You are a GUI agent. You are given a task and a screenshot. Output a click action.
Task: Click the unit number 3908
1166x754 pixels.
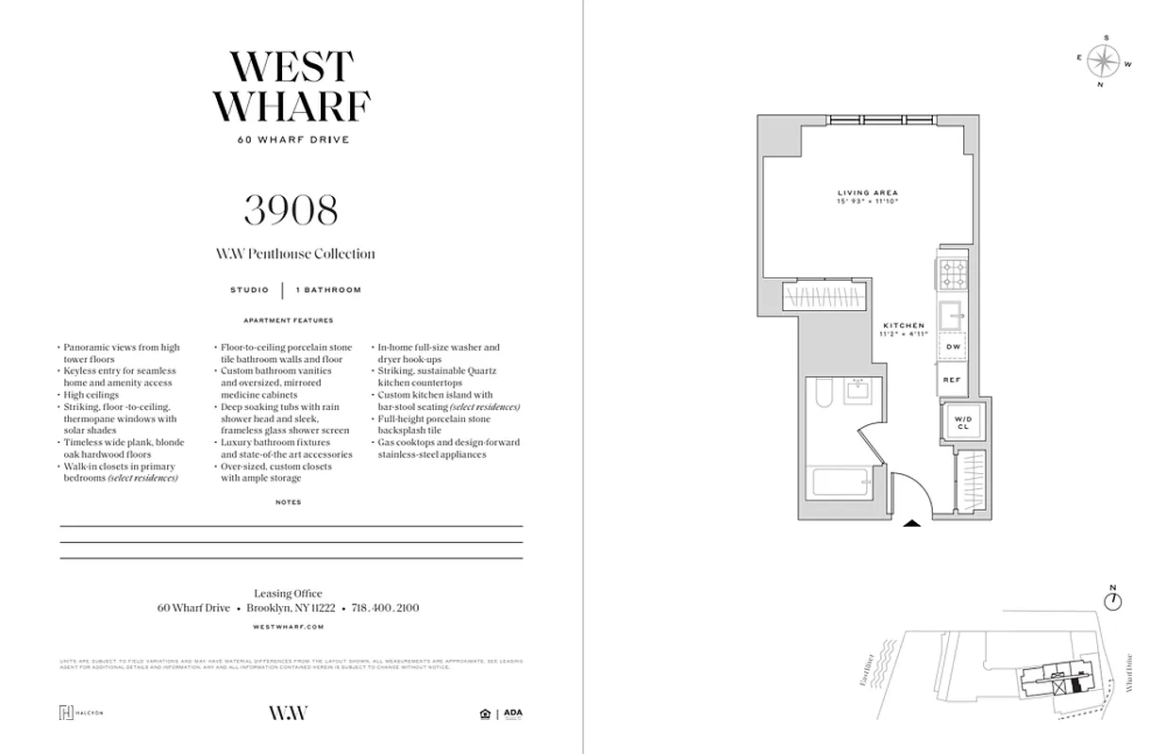click(x=291, y=211)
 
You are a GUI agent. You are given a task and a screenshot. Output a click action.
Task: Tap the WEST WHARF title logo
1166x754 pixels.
click(x=291, y=87)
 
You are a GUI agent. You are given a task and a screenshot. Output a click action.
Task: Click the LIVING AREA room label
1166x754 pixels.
click(x=867, y=193)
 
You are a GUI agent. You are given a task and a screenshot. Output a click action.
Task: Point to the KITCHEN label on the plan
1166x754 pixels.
click(x=904, y=326)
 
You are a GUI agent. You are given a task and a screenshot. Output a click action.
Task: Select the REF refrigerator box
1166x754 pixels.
click(x=951, y=380)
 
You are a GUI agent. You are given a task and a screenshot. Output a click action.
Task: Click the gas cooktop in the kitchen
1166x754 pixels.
click(x=951, y=273)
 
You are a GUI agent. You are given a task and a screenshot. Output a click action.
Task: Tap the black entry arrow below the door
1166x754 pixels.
click(x=912, y=524)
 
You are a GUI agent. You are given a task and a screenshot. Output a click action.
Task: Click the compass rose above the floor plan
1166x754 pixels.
click(x=1101, y=62)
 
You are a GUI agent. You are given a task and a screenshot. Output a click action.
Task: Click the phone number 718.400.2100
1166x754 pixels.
click(x=385, y=608)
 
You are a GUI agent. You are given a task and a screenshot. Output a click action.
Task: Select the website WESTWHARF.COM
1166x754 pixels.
click(x=289, y=626)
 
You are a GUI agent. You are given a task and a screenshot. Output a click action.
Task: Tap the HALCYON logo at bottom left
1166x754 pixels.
click(x=81, y=713)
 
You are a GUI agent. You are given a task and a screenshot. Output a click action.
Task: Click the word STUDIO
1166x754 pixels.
click(x=249, y=290)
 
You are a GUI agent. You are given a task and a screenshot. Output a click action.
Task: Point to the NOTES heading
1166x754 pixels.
click(x=289, y=502)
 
